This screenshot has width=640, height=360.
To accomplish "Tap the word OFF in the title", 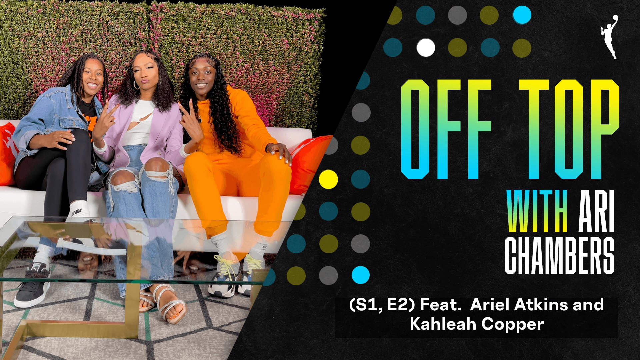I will pos(446,129).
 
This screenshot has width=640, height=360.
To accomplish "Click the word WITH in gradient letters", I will pos(537,211).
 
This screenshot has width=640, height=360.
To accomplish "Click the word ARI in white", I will pos(596,211).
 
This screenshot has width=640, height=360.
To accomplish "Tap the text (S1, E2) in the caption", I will pos(382,305).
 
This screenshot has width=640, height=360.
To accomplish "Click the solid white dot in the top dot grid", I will pos(426,48).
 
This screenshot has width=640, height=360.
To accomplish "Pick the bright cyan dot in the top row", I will pos(522,15).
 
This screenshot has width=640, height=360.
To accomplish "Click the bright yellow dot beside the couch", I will pos(328,179).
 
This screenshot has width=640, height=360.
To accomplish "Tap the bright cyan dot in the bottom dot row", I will pos(361,275).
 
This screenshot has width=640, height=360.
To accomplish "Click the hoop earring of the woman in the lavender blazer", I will pos(136,85).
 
